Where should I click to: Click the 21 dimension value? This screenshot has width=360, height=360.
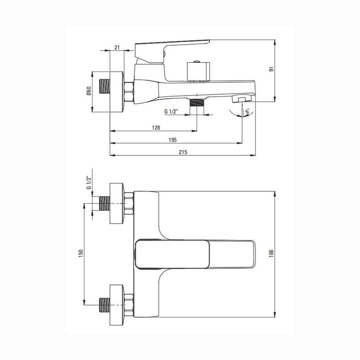coord(117,47)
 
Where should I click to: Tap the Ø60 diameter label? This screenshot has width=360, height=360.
coord(89,91)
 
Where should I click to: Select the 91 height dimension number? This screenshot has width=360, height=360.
coord(272,69)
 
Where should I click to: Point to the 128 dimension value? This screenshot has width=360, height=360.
coord(156,128)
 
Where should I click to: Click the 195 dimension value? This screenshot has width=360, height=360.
coord(173,140)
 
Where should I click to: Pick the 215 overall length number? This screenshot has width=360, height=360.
coord(183,152)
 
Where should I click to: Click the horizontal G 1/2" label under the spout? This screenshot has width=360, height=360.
coord(171,112)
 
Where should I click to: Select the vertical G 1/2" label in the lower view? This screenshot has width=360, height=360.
coord(89,183)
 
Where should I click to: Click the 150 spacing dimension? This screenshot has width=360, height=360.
coord(81,254)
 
